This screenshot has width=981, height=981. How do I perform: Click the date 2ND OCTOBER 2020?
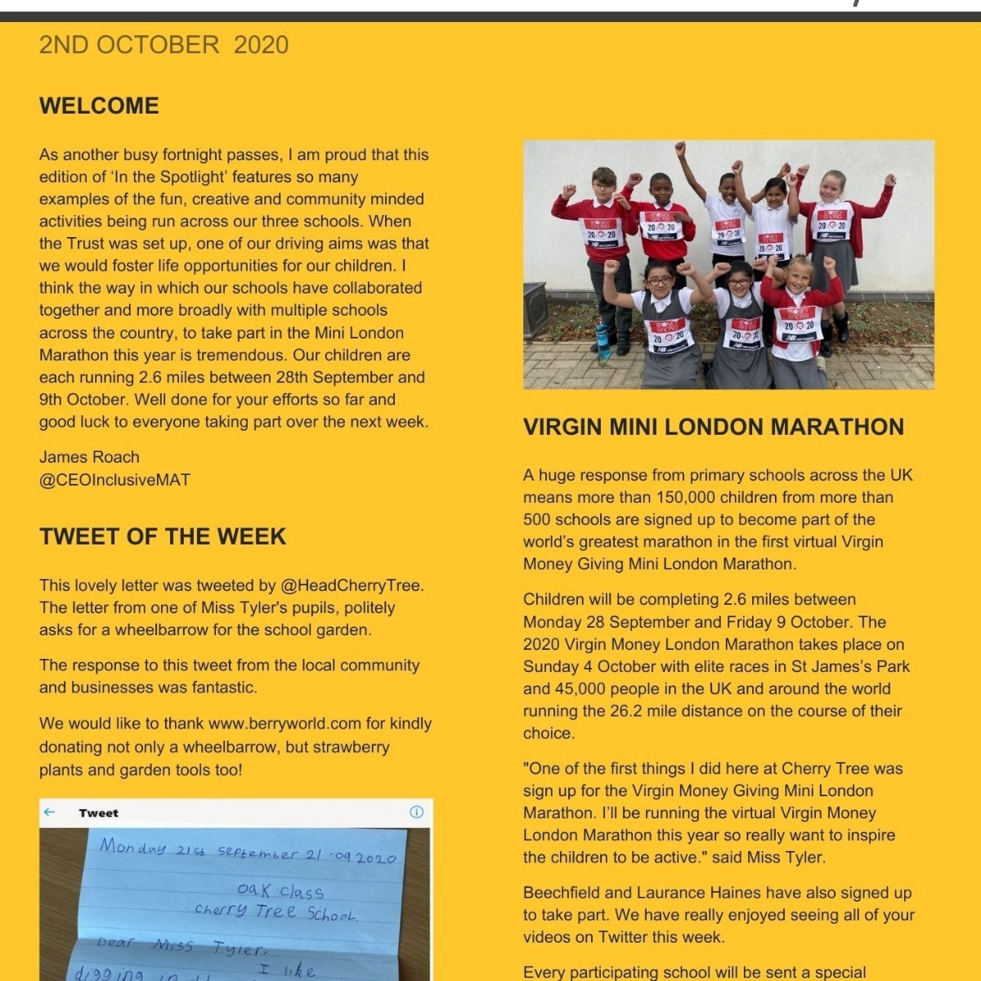(163, 45)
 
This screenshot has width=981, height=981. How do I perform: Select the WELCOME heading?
(99, 106)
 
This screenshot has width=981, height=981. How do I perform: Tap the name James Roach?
(89, 457)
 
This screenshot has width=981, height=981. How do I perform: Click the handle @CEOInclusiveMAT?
(114, 480)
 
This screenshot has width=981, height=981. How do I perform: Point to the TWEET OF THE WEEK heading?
(163, 537)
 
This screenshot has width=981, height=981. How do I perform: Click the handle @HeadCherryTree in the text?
(351, 585)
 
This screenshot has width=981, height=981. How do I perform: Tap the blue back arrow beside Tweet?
(49, 812)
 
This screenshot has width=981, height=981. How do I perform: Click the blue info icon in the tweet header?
(416, 812)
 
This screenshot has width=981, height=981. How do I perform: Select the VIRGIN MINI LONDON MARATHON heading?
(714, 428)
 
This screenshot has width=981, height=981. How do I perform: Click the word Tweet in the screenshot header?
(98, 813)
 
